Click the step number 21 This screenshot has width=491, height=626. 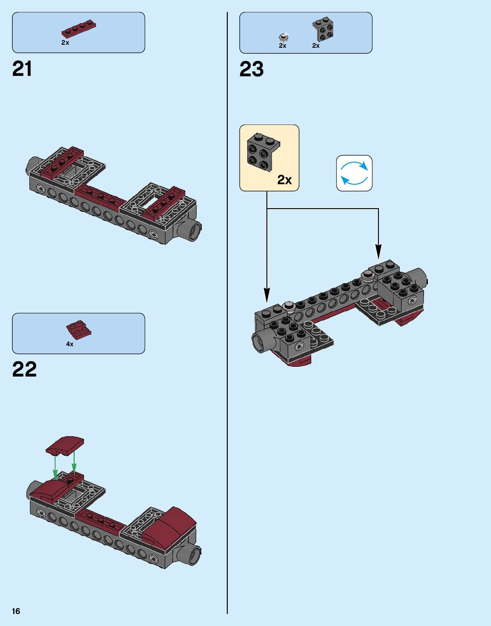click(22, 69)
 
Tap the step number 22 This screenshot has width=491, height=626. click(24, 369)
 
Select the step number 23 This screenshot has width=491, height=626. click(252, 69)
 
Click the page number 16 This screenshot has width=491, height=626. click(16, 611)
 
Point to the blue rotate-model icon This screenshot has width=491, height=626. click(354, 173)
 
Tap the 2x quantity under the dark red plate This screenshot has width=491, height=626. click(65, 43)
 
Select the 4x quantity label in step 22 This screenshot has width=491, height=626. click(70, 344)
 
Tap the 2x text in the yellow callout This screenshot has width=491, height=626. click(285, 180)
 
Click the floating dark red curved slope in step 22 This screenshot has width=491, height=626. click(65, 446)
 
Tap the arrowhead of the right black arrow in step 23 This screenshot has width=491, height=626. click(378, 252)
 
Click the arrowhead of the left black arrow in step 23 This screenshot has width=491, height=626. click(267, 295)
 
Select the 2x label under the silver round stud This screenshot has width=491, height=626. click(282, 46)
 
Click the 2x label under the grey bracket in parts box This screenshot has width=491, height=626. click(316, 46)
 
